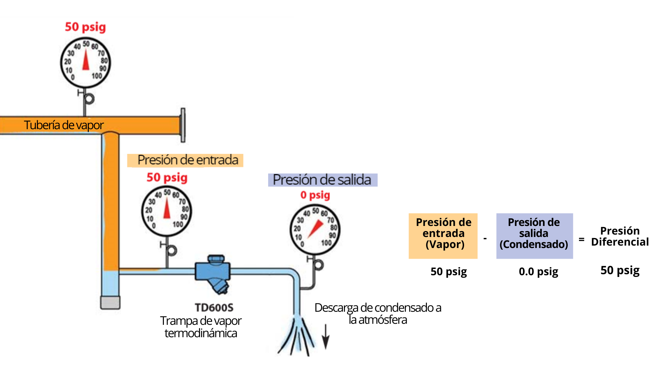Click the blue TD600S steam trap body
tap(212, 271)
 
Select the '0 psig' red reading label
tap(315, 195)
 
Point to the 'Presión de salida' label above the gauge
tap(323, 180)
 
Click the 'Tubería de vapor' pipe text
tap(64, 125)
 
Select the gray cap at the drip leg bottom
tap(110, 302)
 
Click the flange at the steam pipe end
tap(183, 125)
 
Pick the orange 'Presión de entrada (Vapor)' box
tap(443, 236)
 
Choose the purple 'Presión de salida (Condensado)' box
tap(534, 236)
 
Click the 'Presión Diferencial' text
tap(620, 236)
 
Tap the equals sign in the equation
tap(581, 239)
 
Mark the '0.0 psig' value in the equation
tap(538, 272)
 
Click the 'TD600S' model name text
tap(214, 307)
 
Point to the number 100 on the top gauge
tap(97, 75)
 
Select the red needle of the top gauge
tap(86, 60)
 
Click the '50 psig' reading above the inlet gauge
tap(167, 177)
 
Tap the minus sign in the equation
tap(485, 238)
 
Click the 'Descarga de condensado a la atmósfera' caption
tap(378, 313)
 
